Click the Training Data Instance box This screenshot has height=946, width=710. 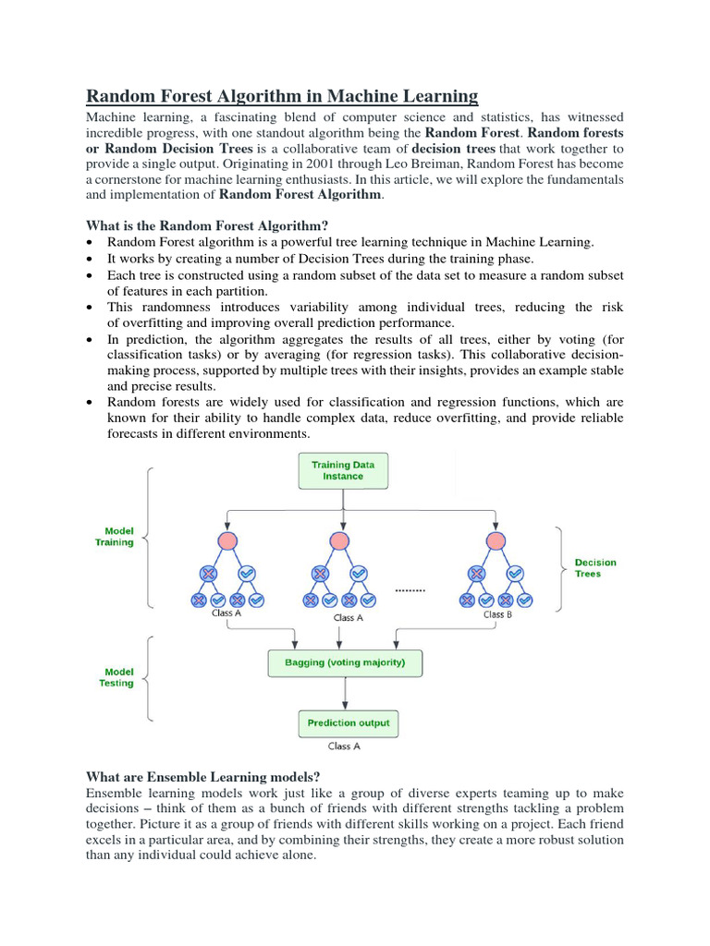tap(343, 470)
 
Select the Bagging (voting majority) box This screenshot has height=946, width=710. tap(343, 662)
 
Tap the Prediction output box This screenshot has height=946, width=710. tap(348, 722)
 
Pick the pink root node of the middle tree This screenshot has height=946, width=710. tap(339, 541)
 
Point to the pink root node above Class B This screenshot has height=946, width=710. tap(496, 541)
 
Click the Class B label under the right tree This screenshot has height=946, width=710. tap(497, 614)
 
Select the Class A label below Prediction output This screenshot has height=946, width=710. tap(345, 746)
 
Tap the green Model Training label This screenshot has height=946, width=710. tap(116, 537)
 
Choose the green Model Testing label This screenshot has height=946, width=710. tap(116, 677)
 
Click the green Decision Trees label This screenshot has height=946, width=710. tap(595, 567)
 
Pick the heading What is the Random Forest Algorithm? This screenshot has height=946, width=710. tap(207, 225)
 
